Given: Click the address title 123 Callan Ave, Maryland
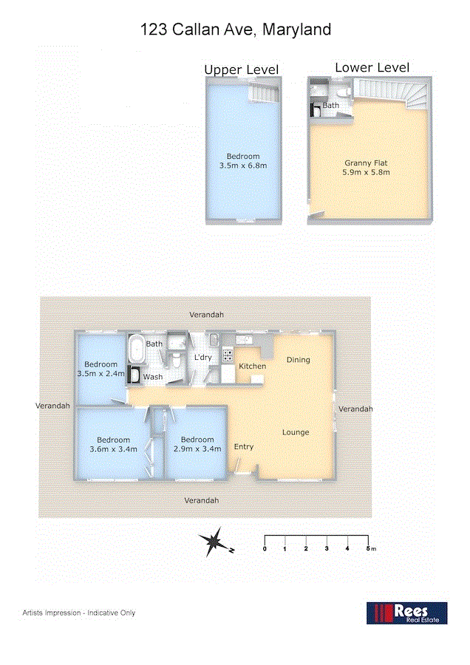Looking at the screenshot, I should click(236, 30).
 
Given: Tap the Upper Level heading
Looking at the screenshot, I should click(242, 69).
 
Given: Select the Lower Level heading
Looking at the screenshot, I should click(372, 67).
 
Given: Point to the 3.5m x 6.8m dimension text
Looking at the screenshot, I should click(243, 166).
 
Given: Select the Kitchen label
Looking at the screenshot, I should click(252, 366).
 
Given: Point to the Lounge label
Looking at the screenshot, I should click(296, 432).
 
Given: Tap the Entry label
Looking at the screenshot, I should click(244, 447).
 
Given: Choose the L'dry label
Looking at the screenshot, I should click(202, 358).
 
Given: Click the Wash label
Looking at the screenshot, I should click(153, 377).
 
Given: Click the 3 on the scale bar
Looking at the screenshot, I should click(326, 548).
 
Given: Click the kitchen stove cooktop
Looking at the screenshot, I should click(228, 355).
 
